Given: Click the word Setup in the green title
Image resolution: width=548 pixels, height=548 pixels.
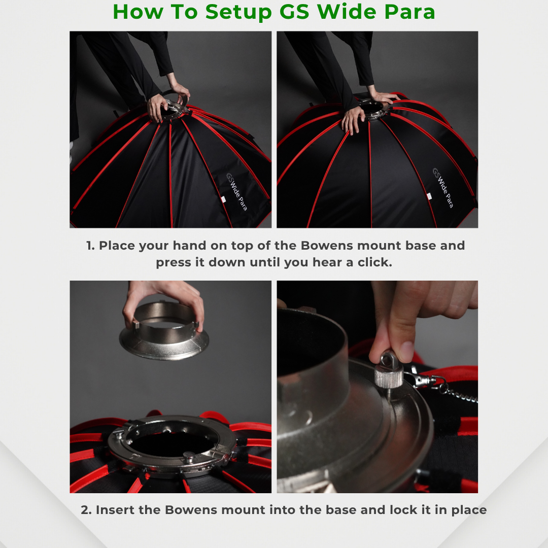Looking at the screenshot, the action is [x=238, y=13].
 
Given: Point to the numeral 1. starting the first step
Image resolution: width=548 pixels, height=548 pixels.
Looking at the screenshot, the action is [x=90, y=246].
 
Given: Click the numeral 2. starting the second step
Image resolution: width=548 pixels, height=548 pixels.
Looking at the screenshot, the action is [x=86, y=510].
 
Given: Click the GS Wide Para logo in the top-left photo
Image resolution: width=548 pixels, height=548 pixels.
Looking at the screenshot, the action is [x=236, y=191].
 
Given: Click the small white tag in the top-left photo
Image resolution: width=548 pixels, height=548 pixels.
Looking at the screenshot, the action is [x=223, y=199].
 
